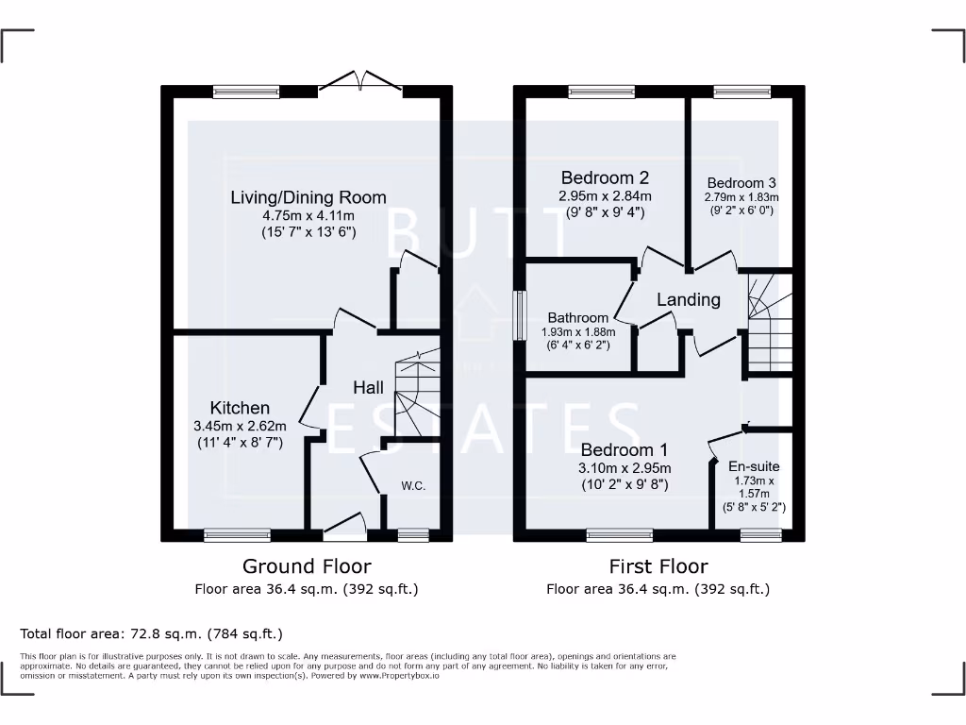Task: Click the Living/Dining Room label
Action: click(x=308, y=197)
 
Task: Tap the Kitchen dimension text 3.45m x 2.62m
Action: click(x=240, y=426)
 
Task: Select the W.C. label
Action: click(x=412, y=487)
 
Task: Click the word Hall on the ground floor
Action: click(x=368, y=388)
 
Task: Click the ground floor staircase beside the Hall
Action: click(x=417, y=396)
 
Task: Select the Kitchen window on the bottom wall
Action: click(x=230, y=535)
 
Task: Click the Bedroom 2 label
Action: click(x=605, y=177)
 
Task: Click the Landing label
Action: click(x=689, y=299)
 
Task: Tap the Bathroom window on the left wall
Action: click(x=518, y=315)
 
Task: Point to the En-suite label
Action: click(x=754, y=466)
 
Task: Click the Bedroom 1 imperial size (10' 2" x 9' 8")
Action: click(x=625, y=484)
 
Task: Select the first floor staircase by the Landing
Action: click(x=769, y=321)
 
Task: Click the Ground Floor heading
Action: click(x=307, y=566)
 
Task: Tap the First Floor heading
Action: click(x=658, y=566)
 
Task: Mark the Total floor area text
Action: click(x=151, y=633)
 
